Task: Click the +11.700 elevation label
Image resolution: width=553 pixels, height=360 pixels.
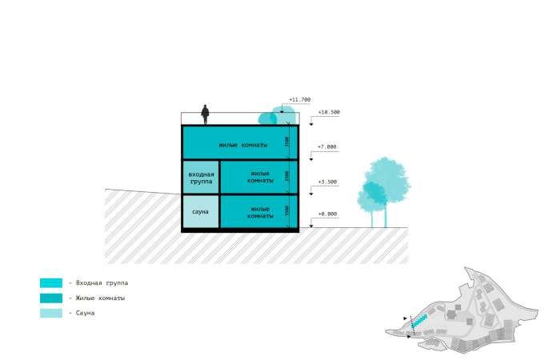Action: pos(300,100)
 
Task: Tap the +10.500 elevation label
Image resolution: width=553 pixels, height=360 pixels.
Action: pos(329,113)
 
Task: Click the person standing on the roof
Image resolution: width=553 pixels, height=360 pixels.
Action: pos(206,114)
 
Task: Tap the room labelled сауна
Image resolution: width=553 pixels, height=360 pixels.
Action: pos(200,212)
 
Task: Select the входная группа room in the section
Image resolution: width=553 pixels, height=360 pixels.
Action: pos(201,178)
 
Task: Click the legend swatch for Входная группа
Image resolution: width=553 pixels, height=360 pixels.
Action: pos(50,283)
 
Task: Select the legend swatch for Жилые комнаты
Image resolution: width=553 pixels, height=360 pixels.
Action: pos(50,298)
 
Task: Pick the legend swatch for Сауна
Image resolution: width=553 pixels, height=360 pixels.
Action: pos(50,313)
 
